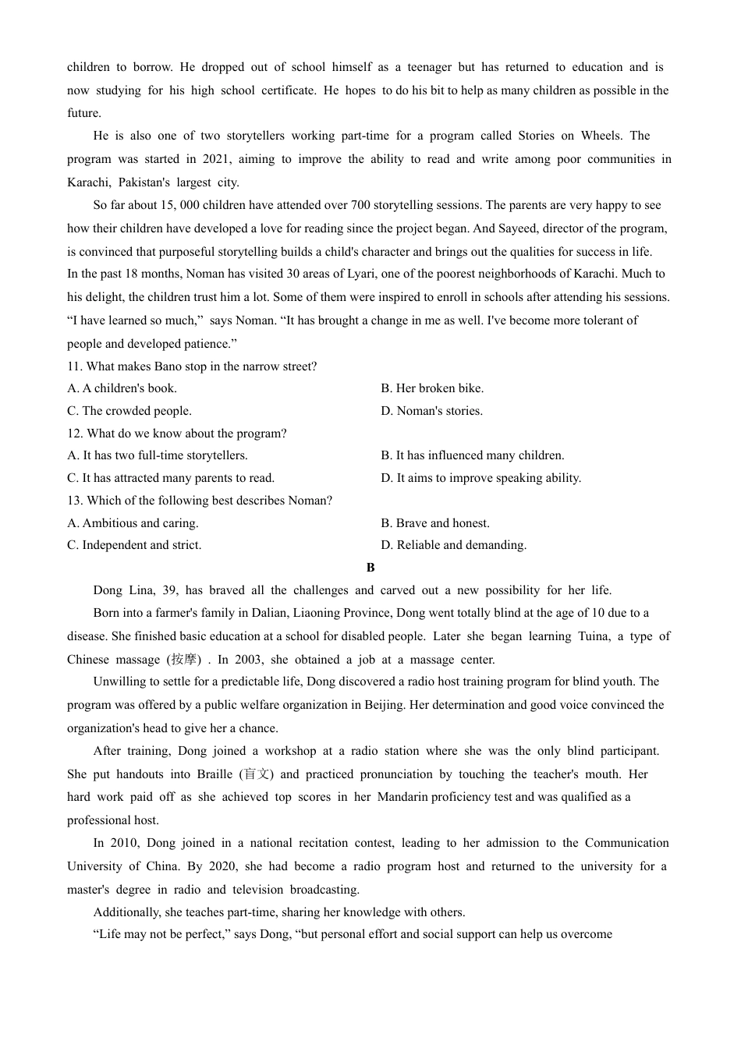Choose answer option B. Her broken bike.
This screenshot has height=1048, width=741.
pos(432,388)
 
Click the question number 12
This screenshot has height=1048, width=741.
pos(75,434)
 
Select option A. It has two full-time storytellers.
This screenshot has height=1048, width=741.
pos(157,455)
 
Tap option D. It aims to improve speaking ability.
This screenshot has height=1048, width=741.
pos(480,478)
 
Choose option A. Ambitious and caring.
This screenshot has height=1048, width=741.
pos(133,523)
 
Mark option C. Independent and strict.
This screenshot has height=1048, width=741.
pos(134,545)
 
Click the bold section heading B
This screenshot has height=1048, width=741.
pos(370,568)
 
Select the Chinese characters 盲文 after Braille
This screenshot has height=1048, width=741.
pos(256,774)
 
